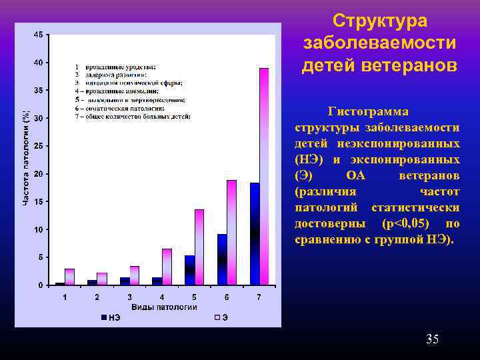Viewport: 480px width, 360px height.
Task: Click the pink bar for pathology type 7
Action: pos(264,177)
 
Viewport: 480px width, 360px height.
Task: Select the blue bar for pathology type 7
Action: pos(254,233)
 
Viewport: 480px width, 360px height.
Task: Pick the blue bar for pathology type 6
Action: pos(222,259)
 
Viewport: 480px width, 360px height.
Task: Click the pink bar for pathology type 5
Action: pos(199,247)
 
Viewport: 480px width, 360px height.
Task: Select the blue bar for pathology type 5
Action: pos(189,270)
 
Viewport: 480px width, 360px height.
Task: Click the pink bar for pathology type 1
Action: pos(69,277)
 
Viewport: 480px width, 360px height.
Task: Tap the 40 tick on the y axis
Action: pos(41,63)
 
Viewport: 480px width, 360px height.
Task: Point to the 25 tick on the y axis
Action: pos(41,146)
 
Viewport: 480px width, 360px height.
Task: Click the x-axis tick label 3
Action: pos(129,297)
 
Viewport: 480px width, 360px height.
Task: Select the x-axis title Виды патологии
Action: pos(164,307)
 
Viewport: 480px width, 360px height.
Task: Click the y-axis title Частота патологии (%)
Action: pos(26,157)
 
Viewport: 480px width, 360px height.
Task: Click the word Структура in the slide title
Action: pos(379,21)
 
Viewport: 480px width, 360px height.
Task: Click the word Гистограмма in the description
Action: pos(369,111)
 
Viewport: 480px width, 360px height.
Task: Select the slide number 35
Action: pos(432,340)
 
